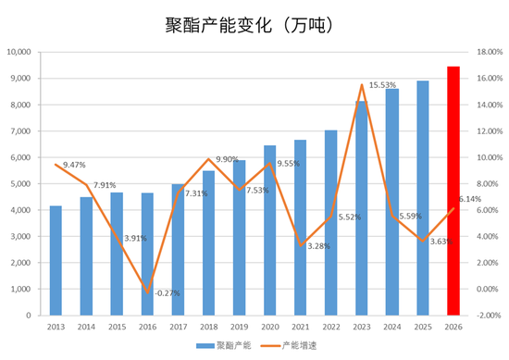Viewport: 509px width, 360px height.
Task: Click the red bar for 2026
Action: [453, 191]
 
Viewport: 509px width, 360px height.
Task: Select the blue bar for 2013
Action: [56, 261]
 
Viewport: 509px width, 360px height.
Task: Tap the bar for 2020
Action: [269, 230]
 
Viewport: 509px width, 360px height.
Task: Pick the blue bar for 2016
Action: [147, 254]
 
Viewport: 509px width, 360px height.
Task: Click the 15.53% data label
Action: [383, 85]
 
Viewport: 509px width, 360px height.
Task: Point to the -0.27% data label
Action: [168, 293]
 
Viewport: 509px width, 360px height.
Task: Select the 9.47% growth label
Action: [74, 165]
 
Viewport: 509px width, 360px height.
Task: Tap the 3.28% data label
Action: [318, 246]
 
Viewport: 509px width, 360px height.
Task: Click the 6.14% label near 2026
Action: [470, 199]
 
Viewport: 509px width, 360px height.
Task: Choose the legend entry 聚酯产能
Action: [224, 346]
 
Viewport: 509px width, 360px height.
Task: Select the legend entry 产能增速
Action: [289, 346]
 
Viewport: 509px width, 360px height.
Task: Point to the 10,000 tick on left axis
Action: [19, 52]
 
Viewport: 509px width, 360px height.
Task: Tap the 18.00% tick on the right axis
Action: [490, 52]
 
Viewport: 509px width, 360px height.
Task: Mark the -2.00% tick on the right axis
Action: [489, 316]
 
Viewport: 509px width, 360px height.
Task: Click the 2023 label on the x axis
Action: [362, 327]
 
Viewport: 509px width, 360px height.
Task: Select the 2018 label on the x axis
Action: [209, 327]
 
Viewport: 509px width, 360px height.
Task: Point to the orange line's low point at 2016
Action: [148, 292]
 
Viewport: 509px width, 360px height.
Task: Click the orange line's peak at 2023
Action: [362, 85]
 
